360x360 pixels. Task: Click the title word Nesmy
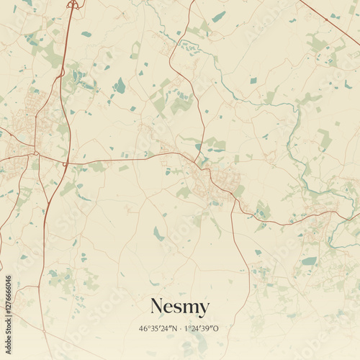[180, 307]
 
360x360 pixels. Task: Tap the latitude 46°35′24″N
[158, 329]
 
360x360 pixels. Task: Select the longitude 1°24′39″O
[202, 329]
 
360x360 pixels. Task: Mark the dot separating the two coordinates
[180, 329]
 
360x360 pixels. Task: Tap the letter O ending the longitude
[216, 329]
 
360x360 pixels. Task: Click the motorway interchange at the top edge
[72, 5]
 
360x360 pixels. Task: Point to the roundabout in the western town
[35, 153]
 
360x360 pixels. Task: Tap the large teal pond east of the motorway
[120, 86]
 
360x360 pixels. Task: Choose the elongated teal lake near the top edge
[218, 17]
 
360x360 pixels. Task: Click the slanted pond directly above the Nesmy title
[158, 234]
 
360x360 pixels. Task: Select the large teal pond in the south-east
[309, 261]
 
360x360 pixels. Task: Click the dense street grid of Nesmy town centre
[212, 180]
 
